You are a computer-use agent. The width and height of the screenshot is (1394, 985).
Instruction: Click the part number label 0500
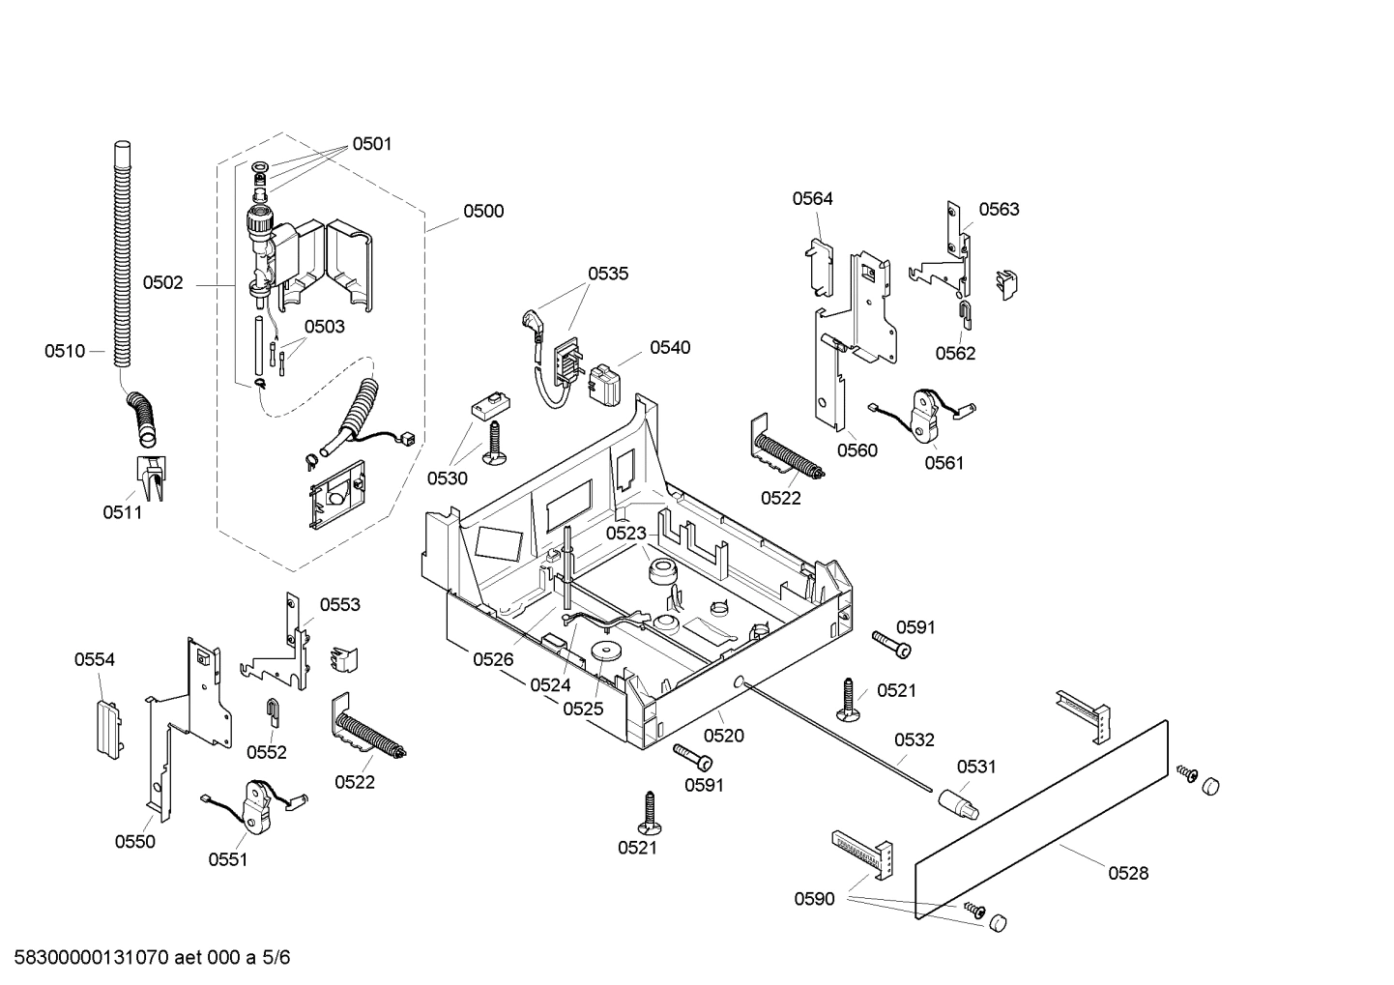pyautogui.click(x=482, y=211)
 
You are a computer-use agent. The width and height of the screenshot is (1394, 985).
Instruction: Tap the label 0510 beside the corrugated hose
pyautogui.click(x=64, y=351)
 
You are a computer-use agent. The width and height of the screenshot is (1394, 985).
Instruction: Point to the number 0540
pyautogui.click(x=670, y=347)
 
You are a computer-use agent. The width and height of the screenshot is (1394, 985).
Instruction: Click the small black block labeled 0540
pyautogui.click(x=607, y=385)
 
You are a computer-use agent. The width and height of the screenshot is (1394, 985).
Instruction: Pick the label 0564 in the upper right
pyautogui.click(x=812, y=198)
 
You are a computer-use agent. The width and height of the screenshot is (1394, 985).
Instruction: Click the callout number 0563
pyautogui.click(x=999, y=209)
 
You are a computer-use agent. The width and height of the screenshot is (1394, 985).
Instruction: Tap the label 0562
pyautogui.click(x=955, y=353)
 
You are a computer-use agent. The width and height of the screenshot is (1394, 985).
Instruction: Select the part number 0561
pyautogui.click(x=944, y=463)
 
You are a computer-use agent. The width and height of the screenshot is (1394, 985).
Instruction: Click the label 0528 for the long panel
pyautogui.click(x=1128, y=873)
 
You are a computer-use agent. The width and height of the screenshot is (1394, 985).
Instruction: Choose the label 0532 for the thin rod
pyautogui.click(x=914, y=739)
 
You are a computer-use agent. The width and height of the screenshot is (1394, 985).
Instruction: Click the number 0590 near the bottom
pyautogui.click(x=814, y=899)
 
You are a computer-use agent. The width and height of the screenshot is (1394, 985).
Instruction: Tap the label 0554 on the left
pyautogui.click(x=95, y=659)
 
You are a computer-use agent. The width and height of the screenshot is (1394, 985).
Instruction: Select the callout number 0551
pyautogui.click(x=228, y=858)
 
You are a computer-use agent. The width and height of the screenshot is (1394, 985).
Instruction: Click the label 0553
pyautogui.click(x=339, y=604)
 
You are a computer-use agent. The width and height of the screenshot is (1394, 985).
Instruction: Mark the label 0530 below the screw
pyautogui.click(x=447, y=478)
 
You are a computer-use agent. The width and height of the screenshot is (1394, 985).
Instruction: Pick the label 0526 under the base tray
pyautogui.click(x=493, y=659)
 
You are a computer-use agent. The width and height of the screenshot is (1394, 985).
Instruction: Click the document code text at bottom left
pyautogui.click(x=146, y=958)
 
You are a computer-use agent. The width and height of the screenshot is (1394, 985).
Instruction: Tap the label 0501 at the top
pyautogui.click(x=371, y=144)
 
